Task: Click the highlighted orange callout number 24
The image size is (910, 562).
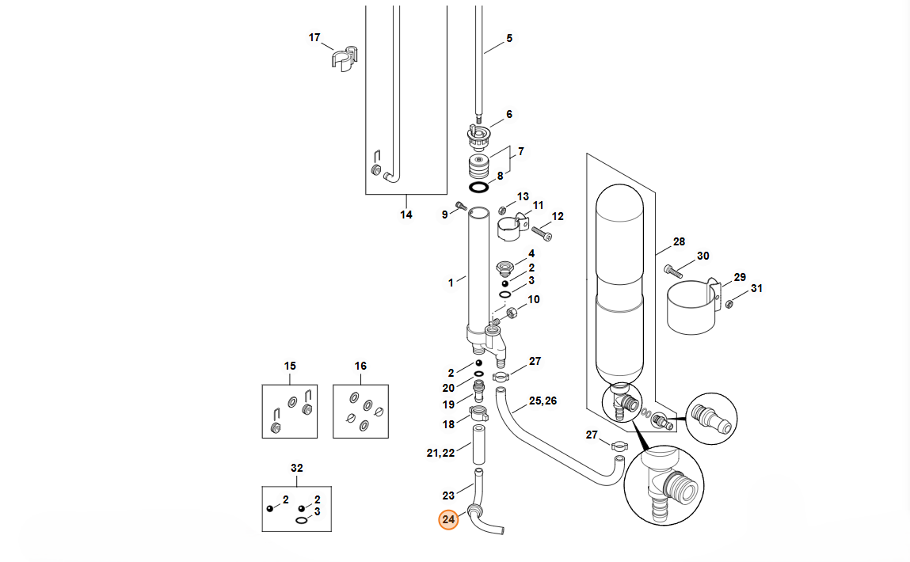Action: [x=448, y=520]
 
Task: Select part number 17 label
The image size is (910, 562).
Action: [x=314, y=38]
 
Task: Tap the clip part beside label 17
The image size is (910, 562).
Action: [x=345, y=59]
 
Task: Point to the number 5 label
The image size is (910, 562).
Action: [x=509, y=38]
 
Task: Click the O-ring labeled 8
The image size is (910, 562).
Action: [x=479, y=188]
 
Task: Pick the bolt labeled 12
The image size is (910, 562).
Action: [x=542, y=234]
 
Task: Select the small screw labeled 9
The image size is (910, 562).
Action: [x=462, y=205]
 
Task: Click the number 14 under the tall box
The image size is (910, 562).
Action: [x=406, y=215]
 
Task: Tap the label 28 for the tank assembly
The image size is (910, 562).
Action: [x=679, y=241]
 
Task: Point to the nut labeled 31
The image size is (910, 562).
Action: [x=729, y=303]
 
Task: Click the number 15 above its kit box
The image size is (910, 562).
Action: [x=290, y=366]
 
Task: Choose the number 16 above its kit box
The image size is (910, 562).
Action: [x=360, y=366]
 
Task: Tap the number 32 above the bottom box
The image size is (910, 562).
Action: [x=296, y=468]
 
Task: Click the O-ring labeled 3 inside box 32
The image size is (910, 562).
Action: [x=302, y=520]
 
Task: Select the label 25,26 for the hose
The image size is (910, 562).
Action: [x=543, y=401]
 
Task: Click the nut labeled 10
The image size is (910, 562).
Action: [x=512, y=313]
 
